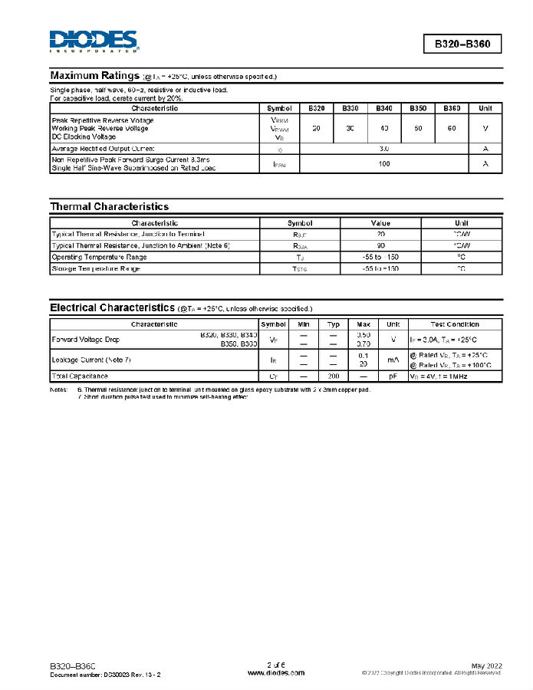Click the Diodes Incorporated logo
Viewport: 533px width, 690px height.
pos(94,41)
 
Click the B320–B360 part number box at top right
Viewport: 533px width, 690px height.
pos(462,44)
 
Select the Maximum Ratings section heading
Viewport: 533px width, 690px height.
pos(94,76)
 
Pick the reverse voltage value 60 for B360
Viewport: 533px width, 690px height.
pos(451,127)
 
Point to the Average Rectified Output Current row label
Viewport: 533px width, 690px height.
pos(103,148)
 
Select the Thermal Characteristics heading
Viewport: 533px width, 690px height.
pos(109,206)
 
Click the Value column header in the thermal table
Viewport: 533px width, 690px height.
pos(381,223)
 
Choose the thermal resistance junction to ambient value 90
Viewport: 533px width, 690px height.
pos(381,245)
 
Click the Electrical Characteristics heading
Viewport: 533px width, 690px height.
pos(112,307)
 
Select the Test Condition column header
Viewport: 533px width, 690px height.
pos(455,324)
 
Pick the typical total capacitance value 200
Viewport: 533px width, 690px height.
pos(334,376)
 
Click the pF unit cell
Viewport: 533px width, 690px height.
pos(393,376)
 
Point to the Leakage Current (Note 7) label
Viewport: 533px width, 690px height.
pos(90,359)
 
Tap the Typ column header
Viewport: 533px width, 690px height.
pos(334,324)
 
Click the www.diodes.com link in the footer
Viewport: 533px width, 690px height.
pos(276,672)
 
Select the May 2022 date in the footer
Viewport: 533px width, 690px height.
pos(485,665)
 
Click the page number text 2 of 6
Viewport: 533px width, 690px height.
pos(276,664)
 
